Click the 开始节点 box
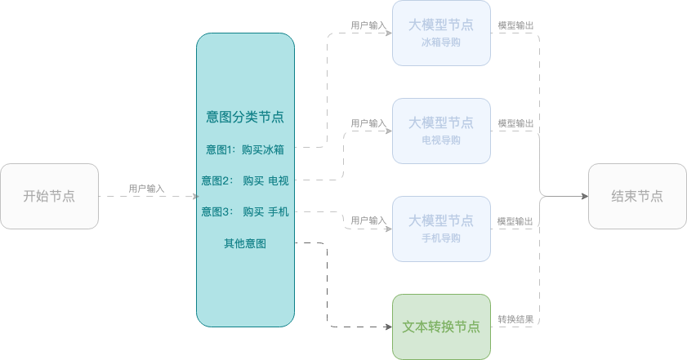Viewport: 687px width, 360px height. pos(50,196)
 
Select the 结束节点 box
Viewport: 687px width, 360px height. pos(637,196)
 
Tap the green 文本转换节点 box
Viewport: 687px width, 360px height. pos(441,327)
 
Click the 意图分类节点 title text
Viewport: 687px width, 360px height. pos(245,117)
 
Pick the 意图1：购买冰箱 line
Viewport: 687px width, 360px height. pos(245,149)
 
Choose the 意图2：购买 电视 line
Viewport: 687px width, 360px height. pos(245,180)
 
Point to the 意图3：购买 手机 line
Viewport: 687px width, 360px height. pos(245,212)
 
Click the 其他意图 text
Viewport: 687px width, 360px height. pos(245,243)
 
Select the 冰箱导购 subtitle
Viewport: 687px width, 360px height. pos(441,42)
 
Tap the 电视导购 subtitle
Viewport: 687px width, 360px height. pos(441,140)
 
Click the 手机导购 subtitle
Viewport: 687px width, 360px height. pos(441,238)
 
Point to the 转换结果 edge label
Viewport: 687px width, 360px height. pos(515,319)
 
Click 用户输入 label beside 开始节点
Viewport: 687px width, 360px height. pos(146,189)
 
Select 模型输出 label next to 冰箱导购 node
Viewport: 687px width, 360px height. pos(515,25)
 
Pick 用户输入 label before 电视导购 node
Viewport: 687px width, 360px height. pos(368,123)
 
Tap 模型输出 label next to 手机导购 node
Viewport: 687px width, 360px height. pos(515,221)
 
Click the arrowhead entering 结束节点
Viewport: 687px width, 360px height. pos(585,196)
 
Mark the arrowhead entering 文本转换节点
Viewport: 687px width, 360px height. pos(389,327)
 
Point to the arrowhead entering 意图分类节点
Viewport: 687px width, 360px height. pos(196,196)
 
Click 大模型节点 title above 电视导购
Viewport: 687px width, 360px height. pos(441,122)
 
